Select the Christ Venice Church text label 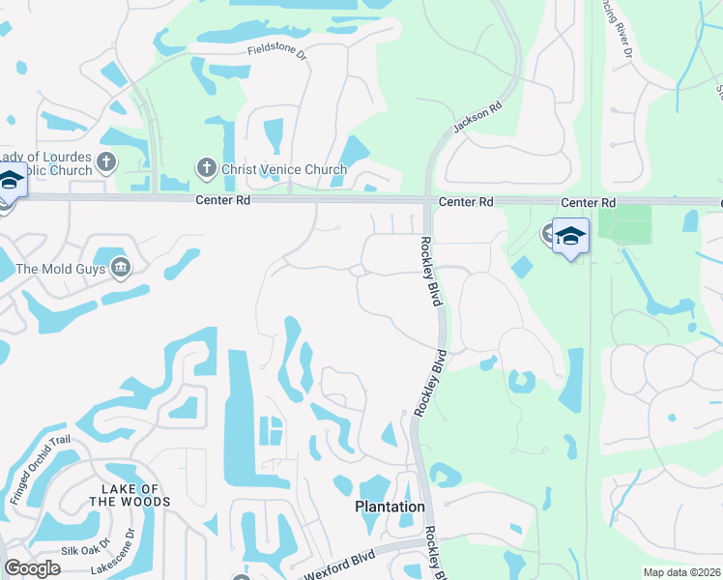pos(283,169)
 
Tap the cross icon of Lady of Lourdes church pos(106,161)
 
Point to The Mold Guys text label pos(59,269)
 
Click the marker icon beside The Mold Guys pos(121,268)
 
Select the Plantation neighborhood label pos(390,507)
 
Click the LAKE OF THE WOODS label pos(129,496)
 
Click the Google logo pos(32,569)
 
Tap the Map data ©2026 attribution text pos(681,572)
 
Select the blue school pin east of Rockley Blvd pos(570,237)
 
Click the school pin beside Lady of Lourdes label pos(10,180)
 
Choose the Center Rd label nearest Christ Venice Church pos(222,202)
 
